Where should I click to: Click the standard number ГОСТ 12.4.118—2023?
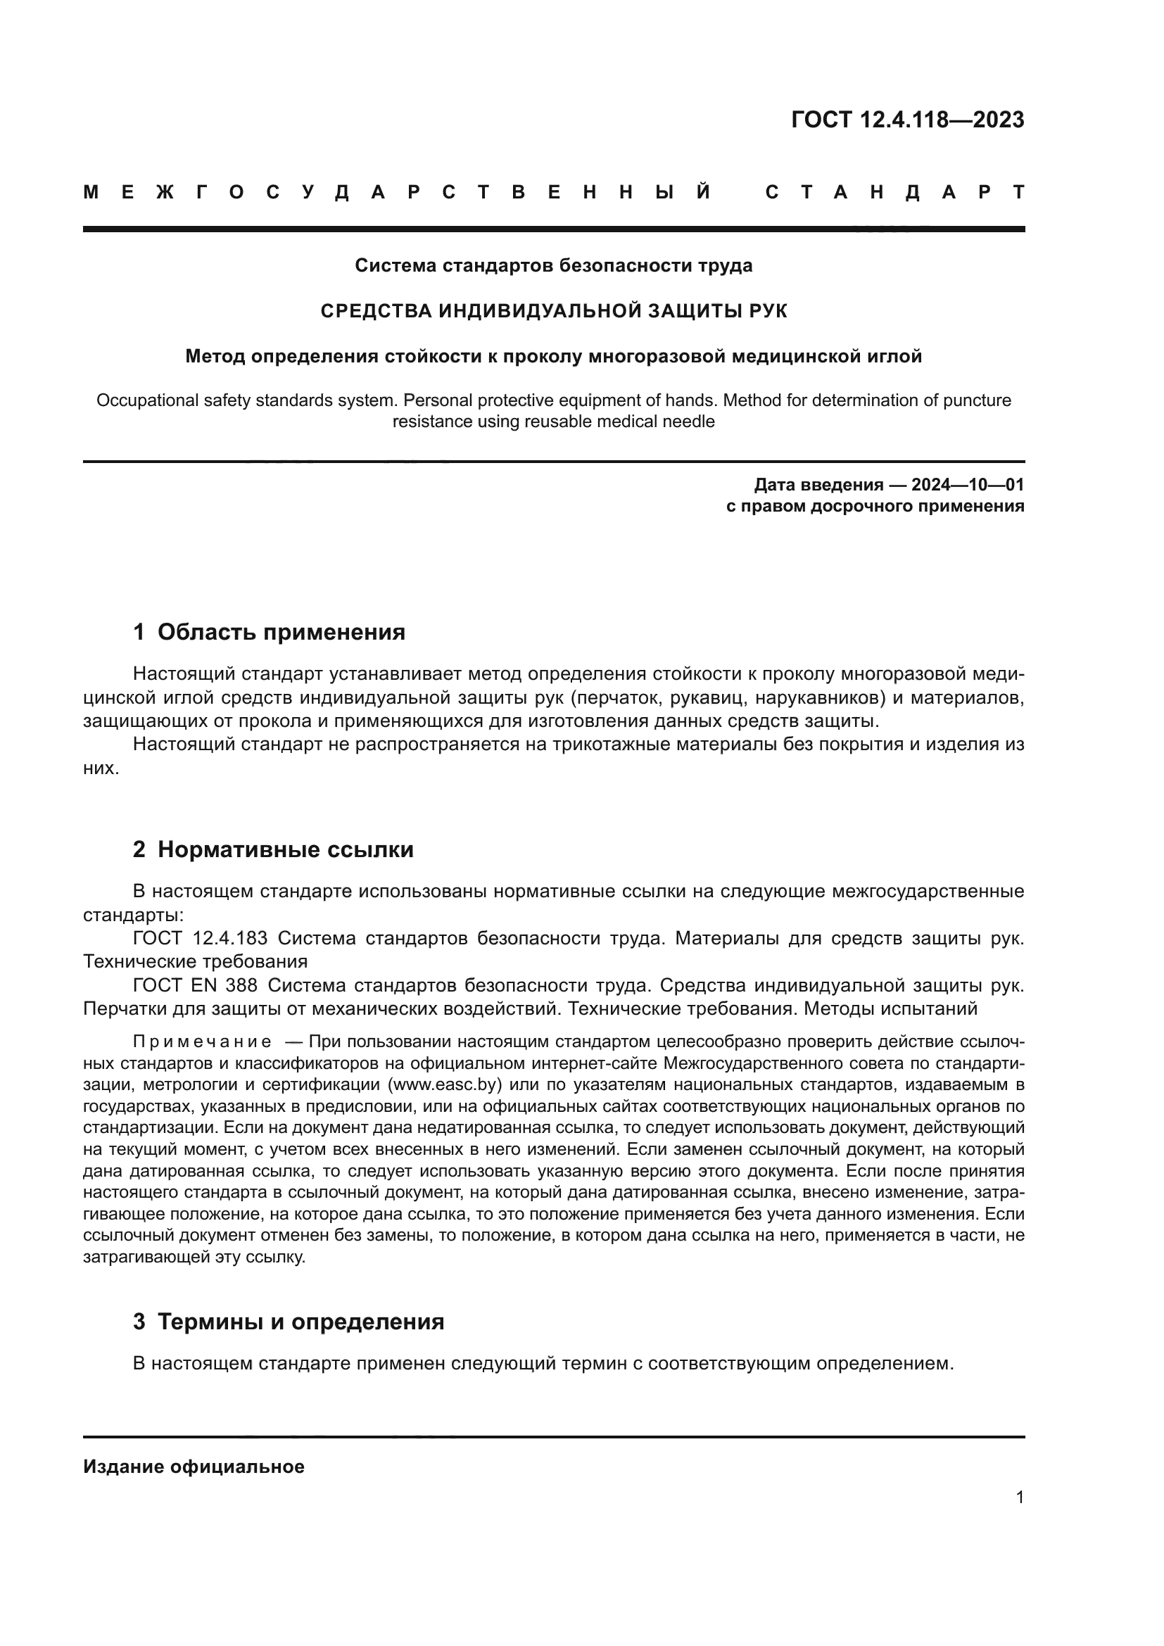click(x=907, y=120)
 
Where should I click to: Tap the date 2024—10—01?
click(x=968, y=485)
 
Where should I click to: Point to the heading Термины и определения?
click(x=301, y=1322)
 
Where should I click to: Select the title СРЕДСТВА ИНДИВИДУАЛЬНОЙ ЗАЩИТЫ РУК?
click(x=553, y=311)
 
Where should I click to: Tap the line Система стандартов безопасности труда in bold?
click(x=553, y=266)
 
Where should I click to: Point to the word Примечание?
click(x=202, y=1041)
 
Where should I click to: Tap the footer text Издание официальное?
click(x=194, y=1467)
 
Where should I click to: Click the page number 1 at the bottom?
click(x=1019, y=1498)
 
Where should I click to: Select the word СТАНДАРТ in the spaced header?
click(x=894, y=192)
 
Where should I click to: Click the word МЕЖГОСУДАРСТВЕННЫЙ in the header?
click(x=397, y=192)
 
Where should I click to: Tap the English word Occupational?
click(x=148, y=400)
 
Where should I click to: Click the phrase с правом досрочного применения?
click(x=875, y=506)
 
